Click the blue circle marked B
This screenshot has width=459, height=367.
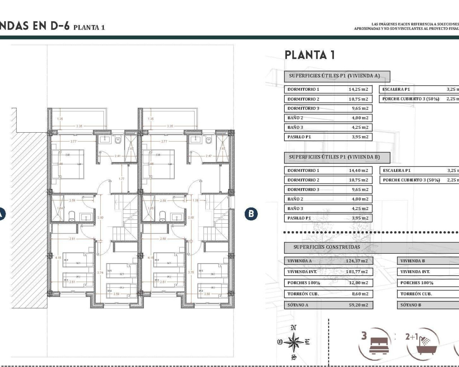coord(251,214)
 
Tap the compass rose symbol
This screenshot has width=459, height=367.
coord(294,342)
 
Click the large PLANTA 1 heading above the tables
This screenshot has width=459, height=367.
coord(309,55)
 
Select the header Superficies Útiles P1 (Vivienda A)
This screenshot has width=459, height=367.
coord(334,76)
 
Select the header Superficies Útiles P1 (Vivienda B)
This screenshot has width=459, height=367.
coord(334,157)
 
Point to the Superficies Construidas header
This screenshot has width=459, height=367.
coord(326,247)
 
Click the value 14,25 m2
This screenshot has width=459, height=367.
coord(358,89)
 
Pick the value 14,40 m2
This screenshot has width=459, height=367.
coord(358,171)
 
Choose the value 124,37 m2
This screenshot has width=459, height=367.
coord(357,261)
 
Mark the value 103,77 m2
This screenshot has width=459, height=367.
coord(357,272)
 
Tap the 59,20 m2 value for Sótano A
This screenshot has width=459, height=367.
coord(359,305)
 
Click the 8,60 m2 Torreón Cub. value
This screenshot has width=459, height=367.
coord(360,294)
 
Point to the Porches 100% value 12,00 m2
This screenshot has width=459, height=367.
coord(358,283)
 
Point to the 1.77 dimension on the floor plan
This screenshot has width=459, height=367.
coord(122,179)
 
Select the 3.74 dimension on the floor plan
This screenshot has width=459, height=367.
coord(100,273)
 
